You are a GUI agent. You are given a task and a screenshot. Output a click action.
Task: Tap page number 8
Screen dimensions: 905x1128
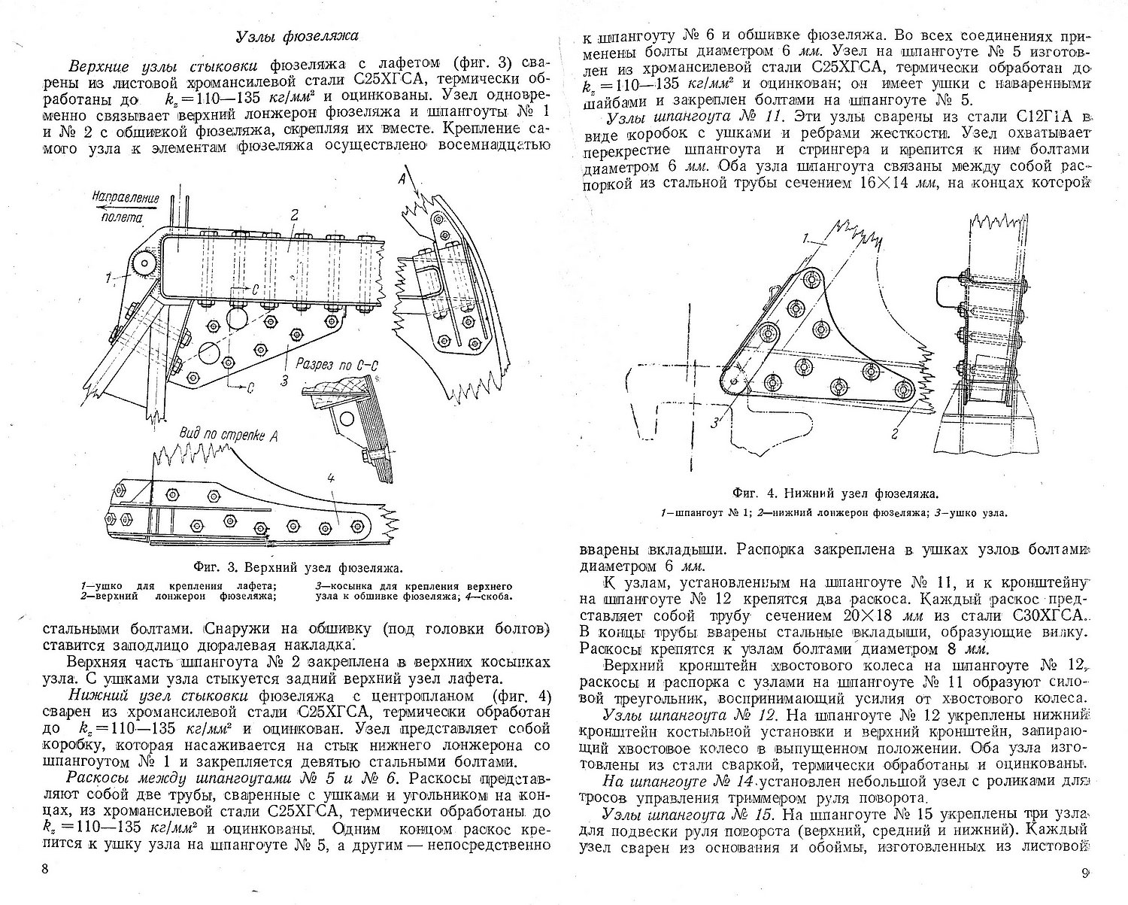coord(45,870)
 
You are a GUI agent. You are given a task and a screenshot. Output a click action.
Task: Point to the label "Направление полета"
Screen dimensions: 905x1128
coord(124,207)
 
